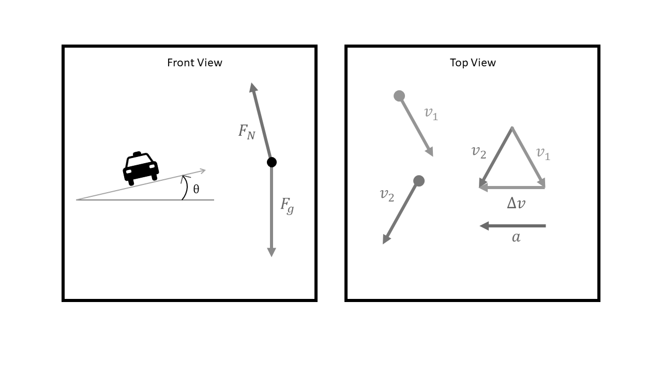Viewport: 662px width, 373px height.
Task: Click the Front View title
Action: [194, 63]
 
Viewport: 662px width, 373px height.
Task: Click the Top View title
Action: [473, 63]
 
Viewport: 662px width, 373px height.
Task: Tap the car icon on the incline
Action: [141, 168]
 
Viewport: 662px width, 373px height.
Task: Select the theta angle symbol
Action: [196, 189]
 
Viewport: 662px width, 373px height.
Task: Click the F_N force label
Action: [247, 132]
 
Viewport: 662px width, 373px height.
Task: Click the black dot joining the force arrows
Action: [272, 162]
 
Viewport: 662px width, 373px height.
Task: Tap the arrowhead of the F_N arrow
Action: [253, 87]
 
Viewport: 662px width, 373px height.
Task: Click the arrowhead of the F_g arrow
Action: [272, 252]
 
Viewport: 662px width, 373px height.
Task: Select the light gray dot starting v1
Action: [399, 96]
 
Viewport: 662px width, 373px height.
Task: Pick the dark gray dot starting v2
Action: [419, 181]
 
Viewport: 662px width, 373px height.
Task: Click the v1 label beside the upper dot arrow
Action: [431, 113]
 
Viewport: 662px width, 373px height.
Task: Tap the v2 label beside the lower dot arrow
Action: [387, 195]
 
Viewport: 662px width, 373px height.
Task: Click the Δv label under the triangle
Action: [516, 204]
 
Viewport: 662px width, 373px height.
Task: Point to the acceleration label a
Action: [516, 238]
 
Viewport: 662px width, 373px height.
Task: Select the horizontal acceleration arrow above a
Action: [513, 226]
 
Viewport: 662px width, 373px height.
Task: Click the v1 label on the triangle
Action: [543, 153]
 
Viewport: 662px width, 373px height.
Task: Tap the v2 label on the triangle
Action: [479, 152]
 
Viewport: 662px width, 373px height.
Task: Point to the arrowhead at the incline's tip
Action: [202, 170]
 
